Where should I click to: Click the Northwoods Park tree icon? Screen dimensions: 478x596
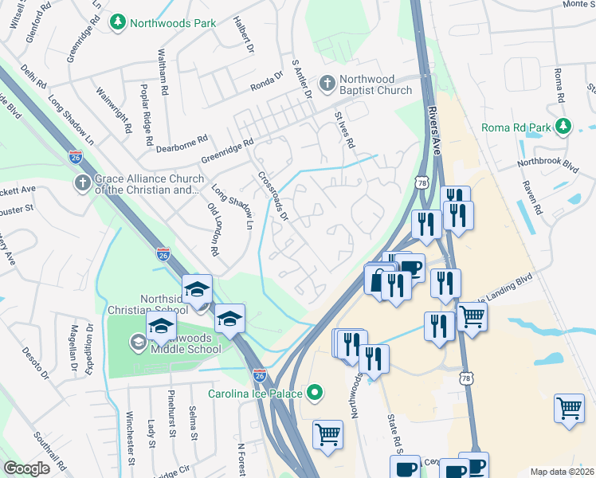click(x=118, y=22)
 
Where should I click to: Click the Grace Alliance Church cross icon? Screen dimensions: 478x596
click(x=82, y=184)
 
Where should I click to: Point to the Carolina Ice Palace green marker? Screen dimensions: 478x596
click(x=316, y=393)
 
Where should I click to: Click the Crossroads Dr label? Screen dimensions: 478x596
click(x=273, y=194)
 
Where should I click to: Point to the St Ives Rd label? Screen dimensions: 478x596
click(x=344, y=128)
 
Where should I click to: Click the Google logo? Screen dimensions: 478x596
click(x=26, y=468)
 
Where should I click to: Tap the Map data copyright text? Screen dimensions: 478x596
click(x=562, y=472)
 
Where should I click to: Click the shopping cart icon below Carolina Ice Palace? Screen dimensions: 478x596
click(x=327, y=435)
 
